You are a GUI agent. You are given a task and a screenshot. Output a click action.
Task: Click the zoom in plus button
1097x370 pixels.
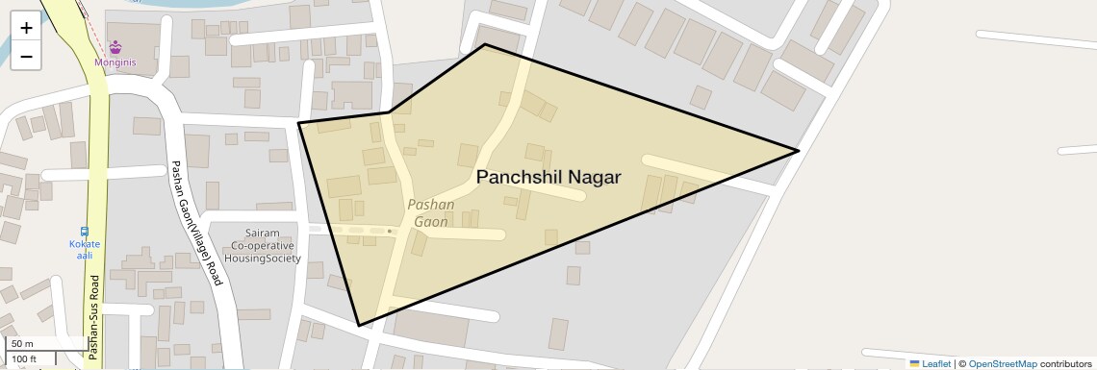(x=26, y=28)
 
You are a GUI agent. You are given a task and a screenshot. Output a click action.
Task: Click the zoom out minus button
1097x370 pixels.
(x=26, y=57)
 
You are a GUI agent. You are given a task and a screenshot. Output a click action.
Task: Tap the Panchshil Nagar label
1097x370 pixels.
(x=548, y=178)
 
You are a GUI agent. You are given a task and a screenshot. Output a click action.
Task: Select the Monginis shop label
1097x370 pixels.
(x=115, y=62)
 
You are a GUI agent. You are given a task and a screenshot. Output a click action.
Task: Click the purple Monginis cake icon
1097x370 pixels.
(x=115, y=46)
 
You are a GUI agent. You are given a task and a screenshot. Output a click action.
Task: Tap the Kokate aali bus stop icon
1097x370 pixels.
(x=85, y=231)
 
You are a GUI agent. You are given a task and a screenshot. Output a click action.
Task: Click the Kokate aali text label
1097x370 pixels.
(x=85, y=249)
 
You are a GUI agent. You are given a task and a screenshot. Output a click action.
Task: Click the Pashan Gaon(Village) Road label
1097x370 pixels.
(x=196, y=222)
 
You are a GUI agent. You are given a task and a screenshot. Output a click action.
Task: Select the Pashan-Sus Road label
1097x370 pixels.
(x=93, y=318)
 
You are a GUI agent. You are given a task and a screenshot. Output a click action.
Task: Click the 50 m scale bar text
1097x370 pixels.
(x=23, y=344)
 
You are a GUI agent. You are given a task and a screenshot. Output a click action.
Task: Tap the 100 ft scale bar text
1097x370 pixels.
(x=24, y=359)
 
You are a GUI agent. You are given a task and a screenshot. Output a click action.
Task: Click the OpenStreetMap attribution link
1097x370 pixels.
(x=1003, y=363)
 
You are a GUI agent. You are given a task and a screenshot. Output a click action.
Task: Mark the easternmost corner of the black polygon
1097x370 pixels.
(x=799, y=151)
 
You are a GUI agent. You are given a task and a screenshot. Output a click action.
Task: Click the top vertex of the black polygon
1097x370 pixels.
(x=485, y=44)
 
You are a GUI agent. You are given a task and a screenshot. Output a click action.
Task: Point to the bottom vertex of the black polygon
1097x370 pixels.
(x=359, y=326)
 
